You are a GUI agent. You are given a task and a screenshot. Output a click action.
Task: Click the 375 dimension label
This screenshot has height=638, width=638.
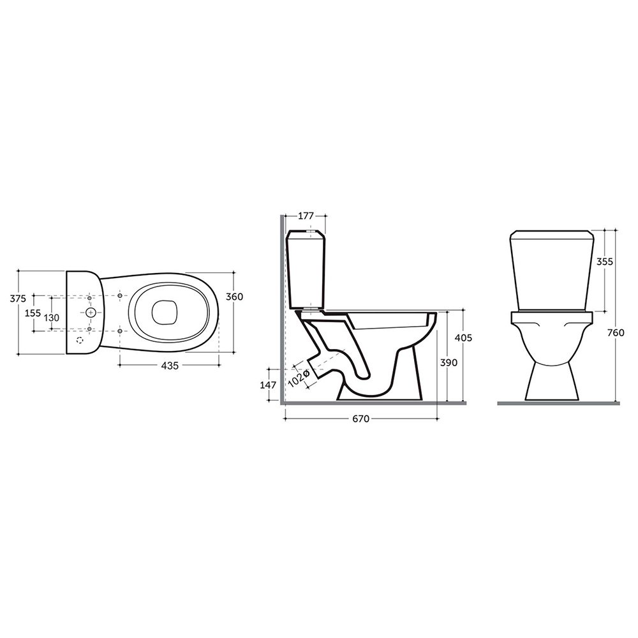click(x=17, y=298)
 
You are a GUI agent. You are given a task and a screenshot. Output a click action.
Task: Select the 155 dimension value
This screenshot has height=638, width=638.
click(x=33, y=313)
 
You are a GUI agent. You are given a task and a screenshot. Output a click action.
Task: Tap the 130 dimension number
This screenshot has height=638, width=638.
click(x=52, y=318)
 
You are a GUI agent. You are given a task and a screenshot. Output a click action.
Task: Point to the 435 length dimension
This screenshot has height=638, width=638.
click(x=170, y=366)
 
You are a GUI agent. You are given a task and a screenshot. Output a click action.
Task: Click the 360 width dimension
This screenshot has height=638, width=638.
click(x=234, y=297)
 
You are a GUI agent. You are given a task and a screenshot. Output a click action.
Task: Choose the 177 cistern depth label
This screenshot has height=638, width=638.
click(x=306, y=216)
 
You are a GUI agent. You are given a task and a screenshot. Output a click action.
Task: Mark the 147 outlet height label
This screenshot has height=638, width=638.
click(x=268, y=385)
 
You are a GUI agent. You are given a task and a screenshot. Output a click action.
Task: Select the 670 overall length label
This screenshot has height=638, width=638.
click(x=360, y=419)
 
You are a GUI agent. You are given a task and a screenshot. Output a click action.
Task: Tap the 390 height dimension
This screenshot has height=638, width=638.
click(x=449, y=362)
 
